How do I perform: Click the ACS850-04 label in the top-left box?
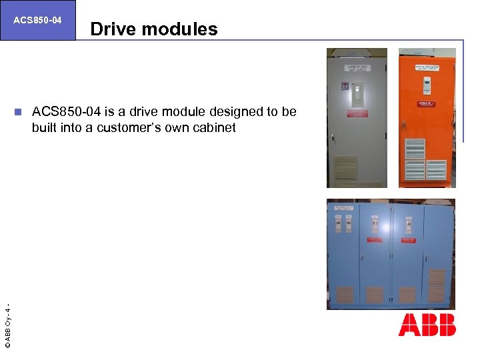click(37, 20)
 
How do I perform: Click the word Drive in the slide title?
click(111, 29)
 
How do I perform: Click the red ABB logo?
click(427, 325)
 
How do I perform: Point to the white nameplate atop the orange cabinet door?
click(427, 67)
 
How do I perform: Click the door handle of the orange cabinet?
click(404, 125)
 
